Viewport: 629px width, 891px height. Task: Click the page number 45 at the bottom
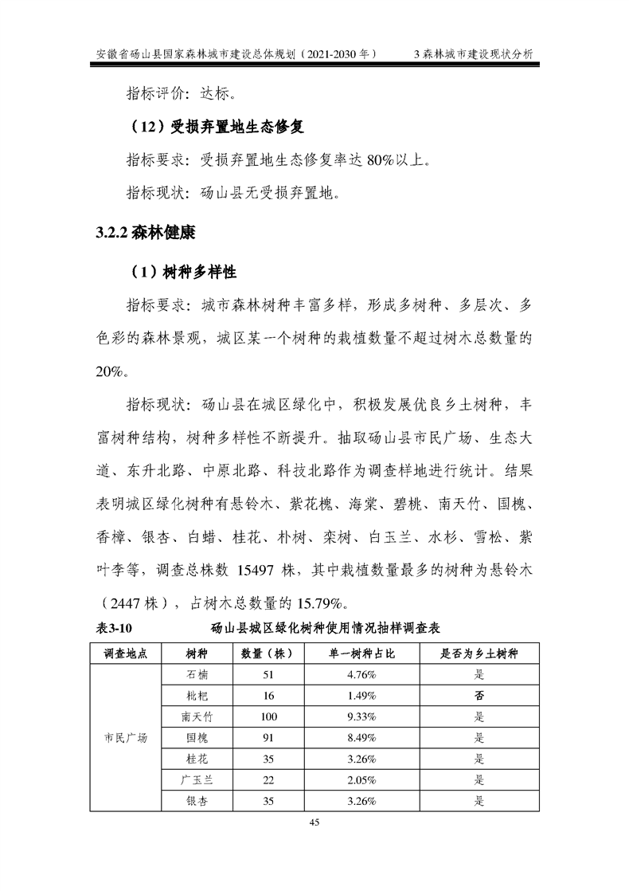pyautogui.click(x=314, y=823)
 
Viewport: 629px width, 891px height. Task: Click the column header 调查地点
pyautogui.click(x=126, y=654)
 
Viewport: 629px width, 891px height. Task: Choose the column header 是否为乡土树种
pyautogui.click(x=479, y=654)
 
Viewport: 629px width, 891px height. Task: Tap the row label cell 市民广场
pyautogui.click(x=126, y=737)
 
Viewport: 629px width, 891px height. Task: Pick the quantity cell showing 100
pyautogui.click(x=268, y=716)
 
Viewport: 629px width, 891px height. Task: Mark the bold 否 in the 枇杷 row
pyautogui.click(x=479, y=696)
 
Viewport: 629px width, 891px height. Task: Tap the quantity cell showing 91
pyautogui.click(x=268, y=738)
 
